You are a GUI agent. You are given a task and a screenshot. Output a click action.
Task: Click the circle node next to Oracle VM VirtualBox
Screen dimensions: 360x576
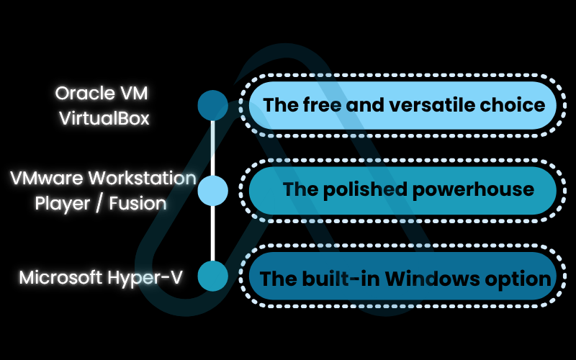[x=212, y=105]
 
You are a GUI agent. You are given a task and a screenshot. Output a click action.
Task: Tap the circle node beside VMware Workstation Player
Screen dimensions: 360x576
[x=212, y=190]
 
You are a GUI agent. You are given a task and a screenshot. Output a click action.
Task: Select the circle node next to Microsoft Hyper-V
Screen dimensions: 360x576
[x=212, y=276]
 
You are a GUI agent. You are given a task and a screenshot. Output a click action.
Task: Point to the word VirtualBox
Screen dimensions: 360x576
[x=104, y=117]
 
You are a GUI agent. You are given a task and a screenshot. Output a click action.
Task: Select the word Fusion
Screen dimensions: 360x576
[x=138, y=203]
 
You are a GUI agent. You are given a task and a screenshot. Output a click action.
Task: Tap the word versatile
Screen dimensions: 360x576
[x=420, y=104]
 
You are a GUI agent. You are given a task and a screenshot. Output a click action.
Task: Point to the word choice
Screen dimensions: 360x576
[x=510, y=104]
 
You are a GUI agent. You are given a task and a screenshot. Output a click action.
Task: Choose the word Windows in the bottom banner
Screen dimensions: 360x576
[x=432, y=278]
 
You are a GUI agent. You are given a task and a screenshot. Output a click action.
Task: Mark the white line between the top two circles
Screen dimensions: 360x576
[x=212, y=148]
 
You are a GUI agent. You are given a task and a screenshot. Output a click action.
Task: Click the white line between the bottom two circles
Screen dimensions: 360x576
[x=212, y=233]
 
